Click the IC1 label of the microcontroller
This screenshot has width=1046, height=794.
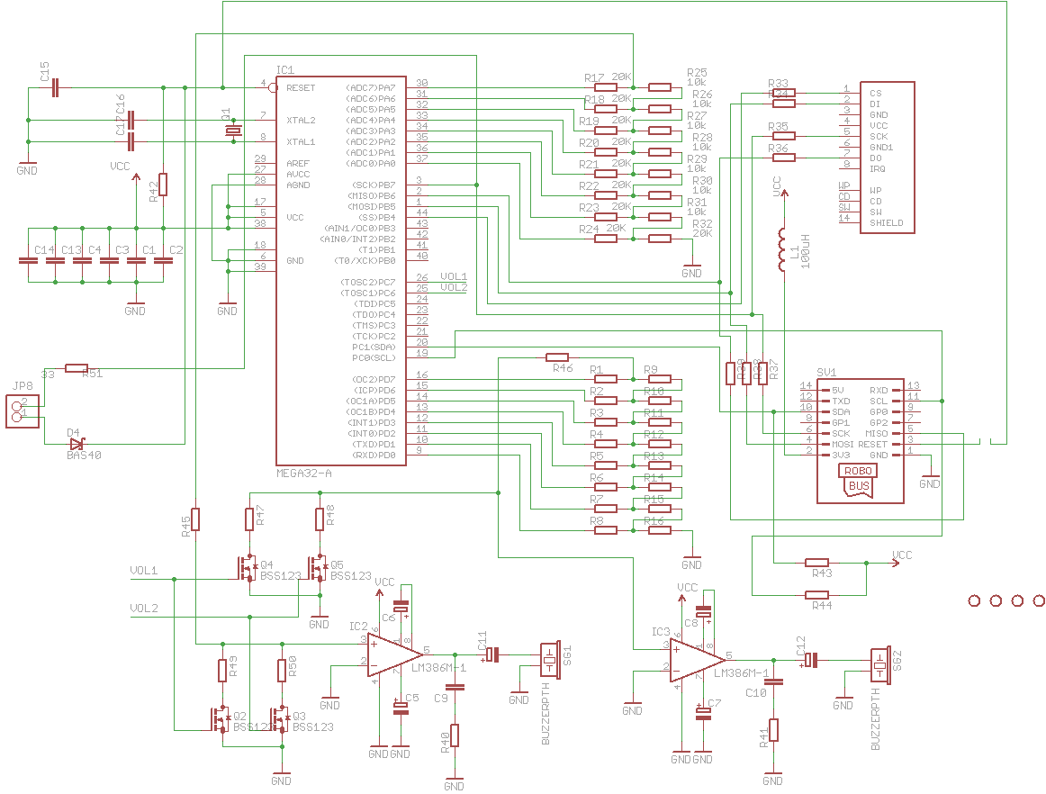tap(286, 69)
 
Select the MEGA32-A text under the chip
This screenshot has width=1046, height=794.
tap(304, 473)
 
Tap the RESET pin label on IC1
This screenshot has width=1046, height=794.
tap(301, 87)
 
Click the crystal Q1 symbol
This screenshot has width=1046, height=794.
tap(233, 131)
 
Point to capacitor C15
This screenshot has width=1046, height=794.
tap(56, 87)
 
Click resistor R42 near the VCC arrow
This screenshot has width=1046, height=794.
tap(163, 185)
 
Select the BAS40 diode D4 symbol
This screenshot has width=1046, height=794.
tap(77, 443)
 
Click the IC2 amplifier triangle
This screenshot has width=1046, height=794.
tap(393, 654)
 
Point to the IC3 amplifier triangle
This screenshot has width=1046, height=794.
tap(695, 660)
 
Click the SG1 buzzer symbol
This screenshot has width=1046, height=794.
tap(549, 659)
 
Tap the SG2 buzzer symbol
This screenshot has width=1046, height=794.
tap(879, 663)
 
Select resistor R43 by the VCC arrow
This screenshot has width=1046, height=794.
tap(816, 563)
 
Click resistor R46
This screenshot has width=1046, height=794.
tap(557, 357)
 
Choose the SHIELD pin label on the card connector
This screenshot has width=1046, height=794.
tap(886, 222)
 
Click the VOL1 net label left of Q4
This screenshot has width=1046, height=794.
tap(143, 571)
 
